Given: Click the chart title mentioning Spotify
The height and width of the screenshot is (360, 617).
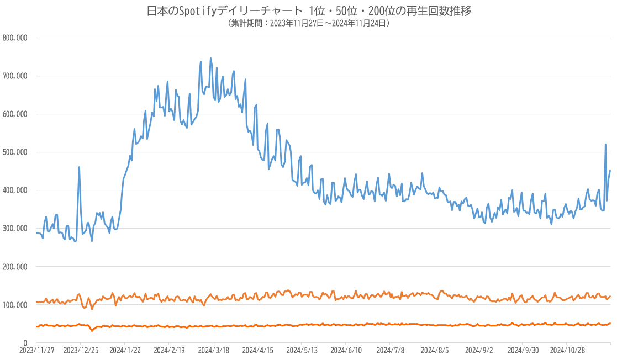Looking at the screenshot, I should coord(309,11).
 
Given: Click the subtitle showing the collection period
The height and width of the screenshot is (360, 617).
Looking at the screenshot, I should coord(309,23).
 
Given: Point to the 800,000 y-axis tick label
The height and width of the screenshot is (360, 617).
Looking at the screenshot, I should coord(15,38).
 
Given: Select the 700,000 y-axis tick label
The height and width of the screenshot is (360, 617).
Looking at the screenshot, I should coord(15,76).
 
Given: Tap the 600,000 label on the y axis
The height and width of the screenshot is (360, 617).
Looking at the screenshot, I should coord(15,114).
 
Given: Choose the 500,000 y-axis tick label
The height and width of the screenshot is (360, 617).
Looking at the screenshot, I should coord(15,152).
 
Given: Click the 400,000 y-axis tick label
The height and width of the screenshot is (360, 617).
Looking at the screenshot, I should coord(15,190).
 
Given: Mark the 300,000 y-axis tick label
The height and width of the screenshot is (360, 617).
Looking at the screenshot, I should coord(15,229).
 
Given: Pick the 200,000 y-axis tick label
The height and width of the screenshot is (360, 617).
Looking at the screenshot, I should coord(15,267).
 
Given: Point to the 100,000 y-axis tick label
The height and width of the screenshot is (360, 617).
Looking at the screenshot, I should coord(15,305).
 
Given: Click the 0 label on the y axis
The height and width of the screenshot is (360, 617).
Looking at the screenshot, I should coord(25,343).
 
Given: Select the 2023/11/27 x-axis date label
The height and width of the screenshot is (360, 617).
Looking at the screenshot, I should coord(36,350).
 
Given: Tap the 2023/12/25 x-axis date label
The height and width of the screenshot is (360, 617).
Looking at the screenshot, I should coord(81,350).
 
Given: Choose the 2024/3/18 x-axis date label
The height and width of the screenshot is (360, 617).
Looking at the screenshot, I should coord(213,350).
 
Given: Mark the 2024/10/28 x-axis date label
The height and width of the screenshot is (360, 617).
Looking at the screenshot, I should coord(566,350).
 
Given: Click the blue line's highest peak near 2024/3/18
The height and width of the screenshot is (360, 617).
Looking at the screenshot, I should coord(210,58).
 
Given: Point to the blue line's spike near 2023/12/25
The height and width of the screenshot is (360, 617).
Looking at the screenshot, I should coord(79,167).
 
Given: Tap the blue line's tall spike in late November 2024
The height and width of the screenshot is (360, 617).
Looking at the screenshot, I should coord(605,145).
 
